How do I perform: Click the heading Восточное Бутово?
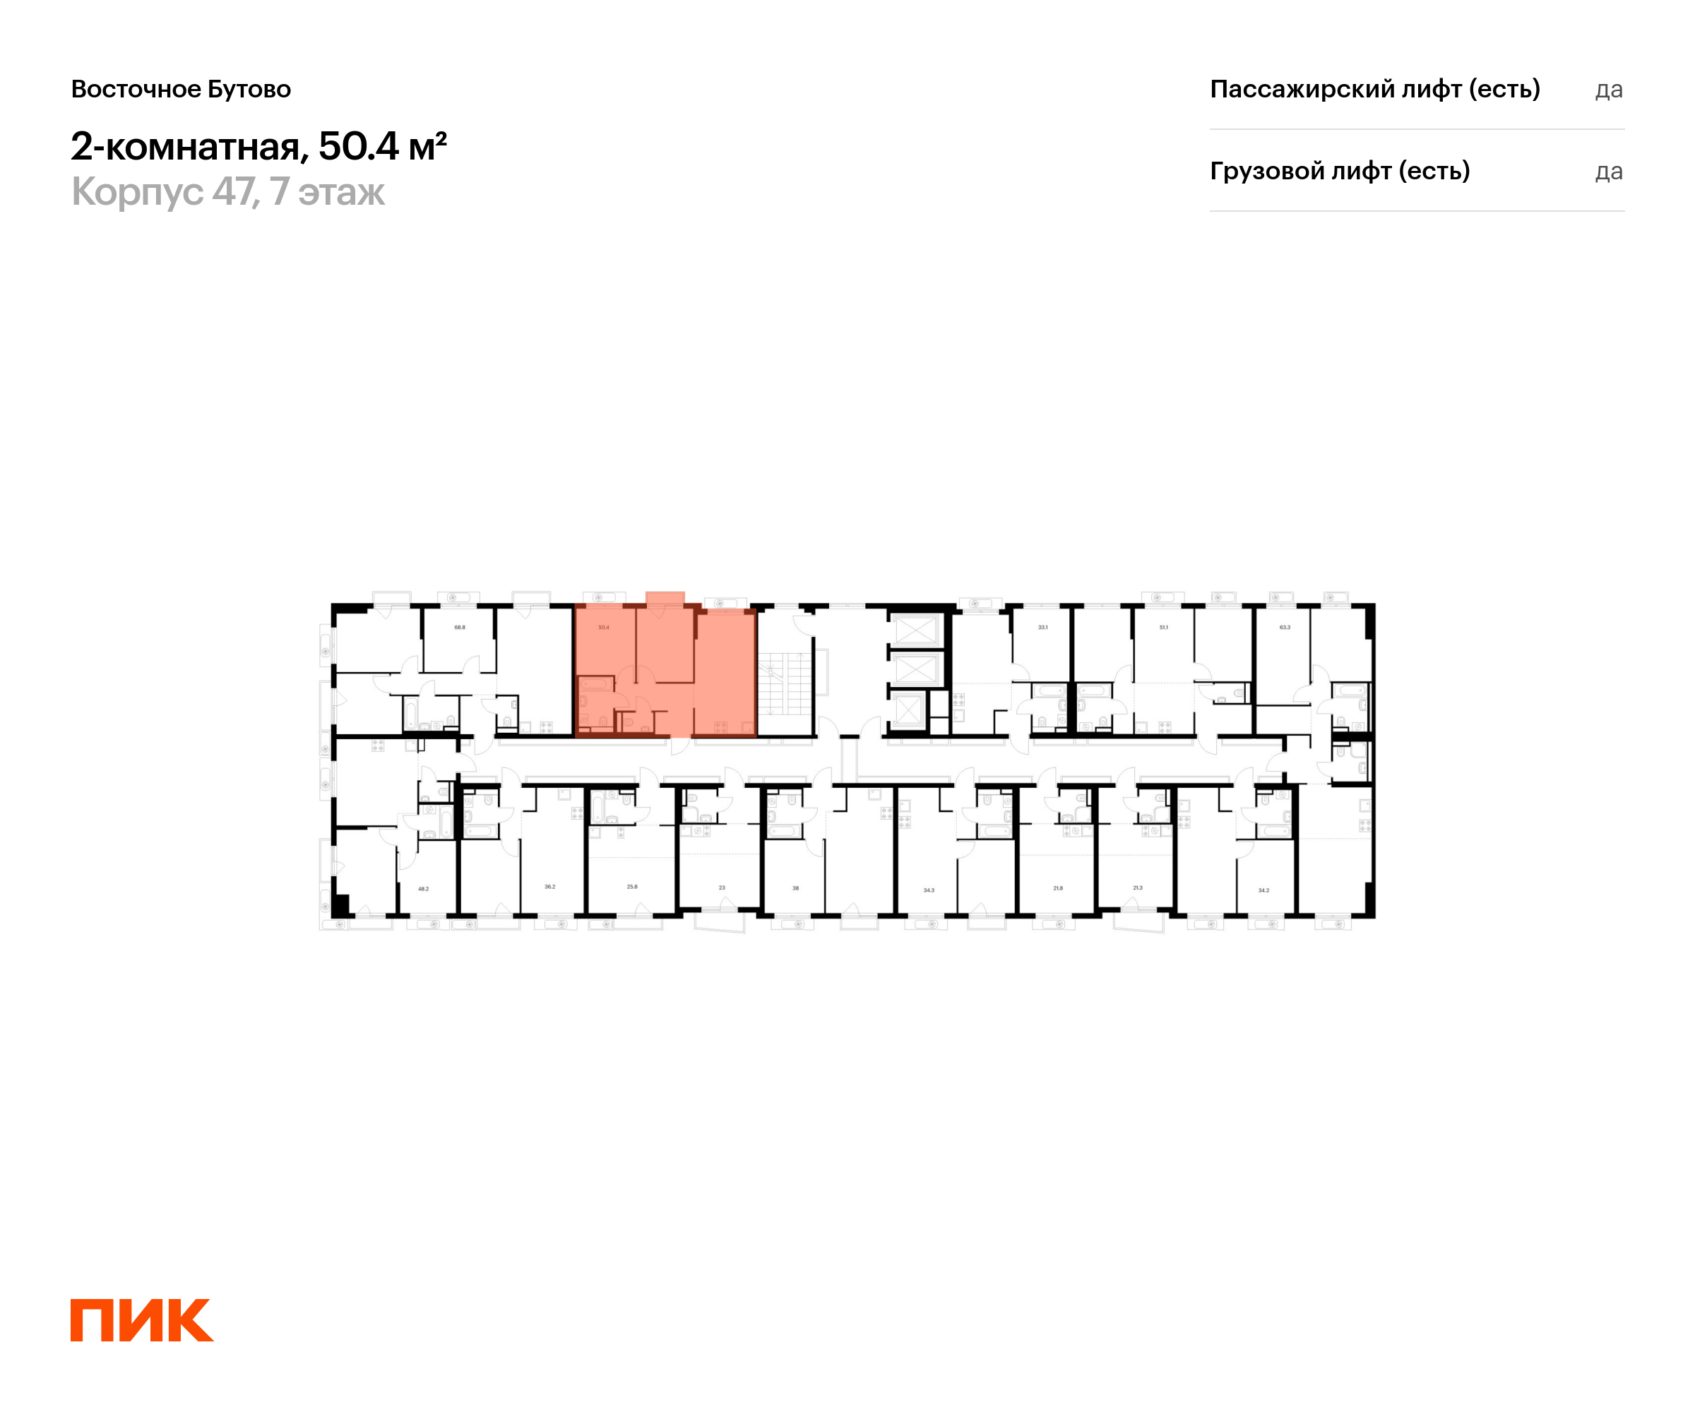point(181,90)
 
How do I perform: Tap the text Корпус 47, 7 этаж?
point(227,192)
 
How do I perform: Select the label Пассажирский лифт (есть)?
point(1374,89)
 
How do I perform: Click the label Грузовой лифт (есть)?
point(1340,171)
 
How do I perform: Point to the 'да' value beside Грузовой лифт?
point(1609,172)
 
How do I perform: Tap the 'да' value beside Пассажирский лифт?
point(1609,90)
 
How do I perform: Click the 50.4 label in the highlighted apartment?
point(604,627)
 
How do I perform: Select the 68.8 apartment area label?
point(459,627)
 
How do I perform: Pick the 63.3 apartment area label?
point(1285,627)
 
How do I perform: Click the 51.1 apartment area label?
point(1163,627)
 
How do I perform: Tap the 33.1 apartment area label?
point(1043,627)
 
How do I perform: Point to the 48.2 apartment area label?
point(423,888)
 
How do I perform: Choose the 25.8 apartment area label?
point(632,887)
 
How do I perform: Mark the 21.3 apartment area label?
point(1137,887)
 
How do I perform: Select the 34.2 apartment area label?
point(1264,890)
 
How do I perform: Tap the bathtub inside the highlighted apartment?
point(595,685)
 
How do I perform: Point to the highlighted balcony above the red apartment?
point(665,598)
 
